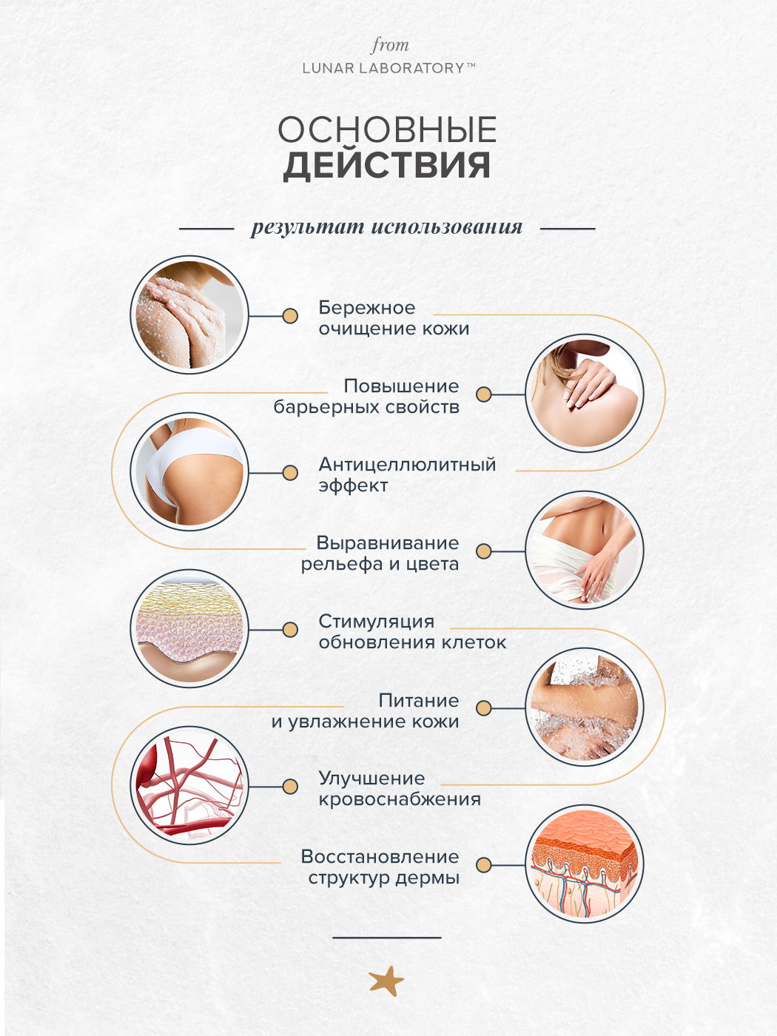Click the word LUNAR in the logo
328,68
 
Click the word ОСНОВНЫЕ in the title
387,130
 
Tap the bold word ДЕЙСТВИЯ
387,166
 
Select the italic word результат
307,227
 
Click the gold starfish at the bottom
386,981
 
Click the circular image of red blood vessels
189,786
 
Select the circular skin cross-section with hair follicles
584,864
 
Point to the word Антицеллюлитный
407,465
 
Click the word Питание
418,700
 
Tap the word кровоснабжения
400,799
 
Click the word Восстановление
380,857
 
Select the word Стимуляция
376,622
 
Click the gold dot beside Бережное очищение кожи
290,316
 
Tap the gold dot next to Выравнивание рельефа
484,551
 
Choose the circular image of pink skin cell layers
189,629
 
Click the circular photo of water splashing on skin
584,707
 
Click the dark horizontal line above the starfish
386,938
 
